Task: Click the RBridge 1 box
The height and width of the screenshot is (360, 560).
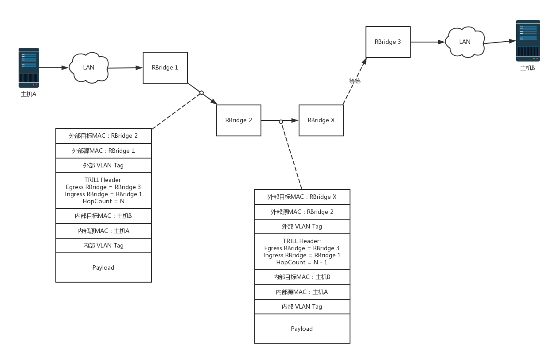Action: (x=165, y=68)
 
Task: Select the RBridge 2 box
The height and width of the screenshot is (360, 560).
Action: (x=238, y=120)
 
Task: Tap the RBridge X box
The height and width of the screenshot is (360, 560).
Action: (x=321, y=120)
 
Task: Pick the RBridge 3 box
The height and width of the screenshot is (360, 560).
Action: (x=388, y=42)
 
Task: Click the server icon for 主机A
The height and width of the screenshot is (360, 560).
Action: (x=29, y=68)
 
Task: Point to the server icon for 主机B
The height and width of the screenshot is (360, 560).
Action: (x=528, y=40)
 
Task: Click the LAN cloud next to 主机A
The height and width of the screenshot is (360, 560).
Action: (x=89, y=68)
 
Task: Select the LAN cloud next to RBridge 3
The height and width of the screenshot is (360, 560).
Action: (x=464, y=42)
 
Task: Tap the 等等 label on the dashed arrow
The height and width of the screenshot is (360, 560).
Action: (x=355, y=81)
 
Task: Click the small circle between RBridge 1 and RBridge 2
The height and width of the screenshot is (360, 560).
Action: (x=202, y=93)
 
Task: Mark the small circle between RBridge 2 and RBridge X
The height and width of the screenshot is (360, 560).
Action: (x=281, y=121)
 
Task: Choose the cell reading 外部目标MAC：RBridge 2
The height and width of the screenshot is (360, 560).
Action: (x=104, y=136)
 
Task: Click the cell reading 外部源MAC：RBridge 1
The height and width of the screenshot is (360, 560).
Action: (x=104, y=151)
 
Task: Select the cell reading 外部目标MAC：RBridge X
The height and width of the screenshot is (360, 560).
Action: (x=302, y=197)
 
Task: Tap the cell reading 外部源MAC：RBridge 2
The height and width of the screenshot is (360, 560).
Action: (x=302, y=212)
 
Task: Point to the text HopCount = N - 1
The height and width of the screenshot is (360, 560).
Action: (x=302, y=263)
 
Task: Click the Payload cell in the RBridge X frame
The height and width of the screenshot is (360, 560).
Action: (x=302, y=329)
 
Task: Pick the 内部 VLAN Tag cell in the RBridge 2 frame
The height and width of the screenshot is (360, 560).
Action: (x=104, y=246)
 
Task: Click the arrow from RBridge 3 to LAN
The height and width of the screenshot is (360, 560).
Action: (x=428, y=42)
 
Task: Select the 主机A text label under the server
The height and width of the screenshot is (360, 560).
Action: (x=29, y=94)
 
